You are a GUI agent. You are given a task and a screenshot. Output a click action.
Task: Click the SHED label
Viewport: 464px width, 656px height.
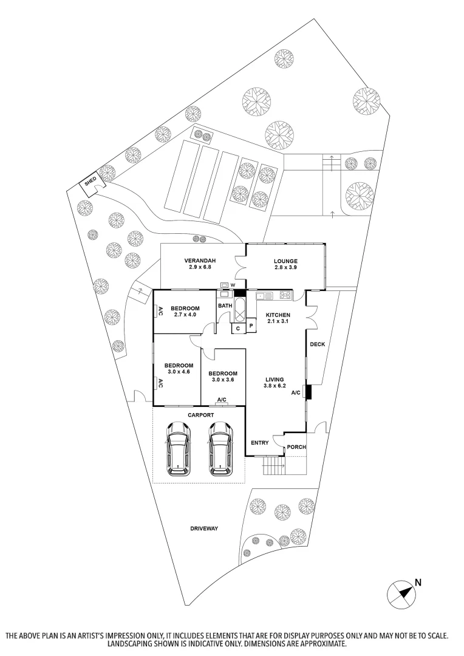click(x=90, y=180)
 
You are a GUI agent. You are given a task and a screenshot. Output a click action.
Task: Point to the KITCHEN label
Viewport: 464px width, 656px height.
click(x=278, y=315)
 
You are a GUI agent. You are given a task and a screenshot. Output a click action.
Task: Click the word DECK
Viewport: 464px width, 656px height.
click(x=317, y=344)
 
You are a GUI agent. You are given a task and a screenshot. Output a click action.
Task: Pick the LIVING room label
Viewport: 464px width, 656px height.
click(x=275, y=379)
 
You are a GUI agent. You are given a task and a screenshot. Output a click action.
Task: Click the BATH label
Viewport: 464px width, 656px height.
click(x=225, y=306)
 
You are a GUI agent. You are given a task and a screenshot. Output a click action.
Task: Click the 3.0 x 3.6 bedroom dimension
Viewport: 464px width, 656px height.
click(x=222, y=380)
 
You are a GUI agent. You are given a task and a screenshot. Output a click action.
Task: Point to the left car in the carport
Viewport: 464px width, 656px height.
click(x=178, y=449)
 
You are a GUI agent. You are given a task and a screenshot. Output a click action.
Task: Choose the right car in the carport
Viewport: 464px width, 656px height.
click(x=220, y=449)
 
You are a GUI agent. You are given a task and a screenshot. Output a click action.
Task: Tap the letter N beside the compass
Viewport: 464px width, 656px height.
click(x=418, y=581)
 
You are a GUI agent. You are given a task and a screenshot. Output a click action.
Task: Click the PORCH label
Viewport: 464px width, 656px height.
click(x=296, y=448)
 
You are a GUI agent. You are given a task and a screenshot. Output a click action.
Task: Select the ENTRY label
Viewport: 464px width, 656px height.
click(x=259, y=443)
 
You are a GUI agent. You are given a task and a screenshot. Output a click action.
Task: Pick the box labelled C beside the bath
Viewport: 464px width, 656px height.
click(x=238, y=329)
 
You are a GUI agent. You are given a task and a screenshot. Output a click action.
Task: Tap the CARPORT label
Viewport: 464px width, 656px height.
click(x=200, y=415)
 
